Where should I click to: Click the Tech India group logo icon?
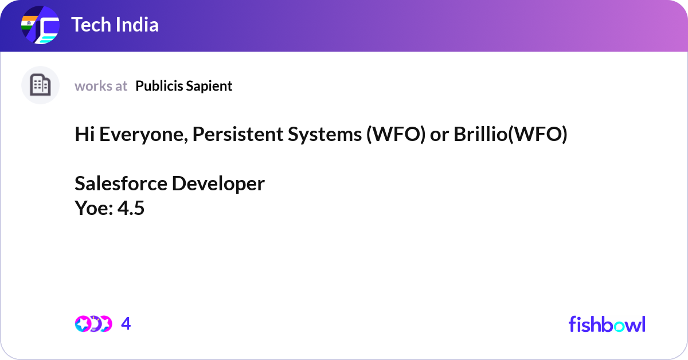pos(40,26)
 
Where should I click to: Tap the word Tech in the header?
pos(89,25)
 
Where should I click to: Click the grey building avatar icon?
pos(40,85)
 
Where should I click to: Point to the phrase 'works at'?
pos(101,86)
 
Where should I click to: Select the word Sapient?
pos(210,86)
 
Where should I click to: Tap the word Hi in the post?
pos(84,135)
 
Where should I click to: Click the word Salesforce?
pos(120,184)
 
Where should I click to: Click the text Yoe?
pos(93,209)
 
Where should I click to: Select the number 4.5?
pos(131,209)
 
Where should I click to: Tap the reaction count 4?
pos(126,324)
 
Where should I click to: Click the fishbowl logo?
pos(607,324)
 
